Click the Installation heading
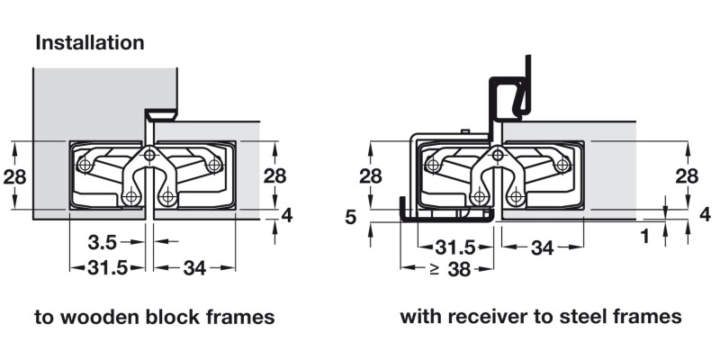89,42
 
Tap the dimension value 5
352,216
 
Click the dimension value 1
645,237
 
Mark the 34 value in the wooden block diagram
193,267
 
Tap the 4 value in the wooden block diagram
287,214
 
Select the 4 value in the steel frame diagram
705,214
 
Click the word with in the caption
418,318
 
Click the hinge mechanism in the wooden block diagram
150,173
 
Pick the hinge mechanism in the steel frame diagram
498,173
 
